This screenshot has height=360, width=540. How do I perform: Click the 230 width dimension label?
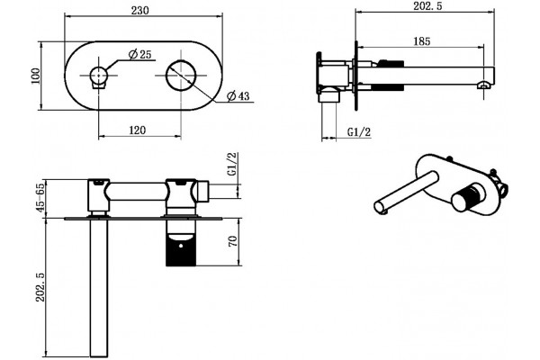coord(140,11)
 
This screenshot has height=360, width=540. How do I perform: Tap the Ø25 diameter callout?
coord(139,54)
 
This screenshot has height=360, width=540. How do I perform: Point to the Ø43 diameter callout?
coord(238,95)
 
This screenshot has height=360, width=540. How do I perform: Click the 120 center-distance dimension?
coord(138,130)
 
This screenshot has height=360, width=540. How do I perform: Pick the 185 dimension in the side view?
coord(422,41)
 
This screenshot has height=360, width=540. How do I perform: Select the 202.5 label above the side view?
coord(428,6)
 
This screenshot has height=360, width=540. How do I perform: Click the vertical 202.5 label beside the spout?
coord(40,287)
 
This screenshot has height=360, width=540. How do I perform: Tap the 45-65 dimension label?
coord(40,198)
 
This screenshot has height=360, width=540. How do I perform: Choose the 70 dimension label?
coord(233,241)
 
